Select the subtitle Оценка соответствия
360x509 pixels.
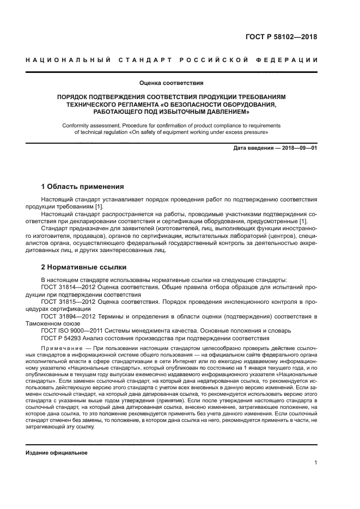coord(172,83)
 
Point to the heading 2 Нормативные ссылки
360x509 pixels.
coord(84,267)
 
